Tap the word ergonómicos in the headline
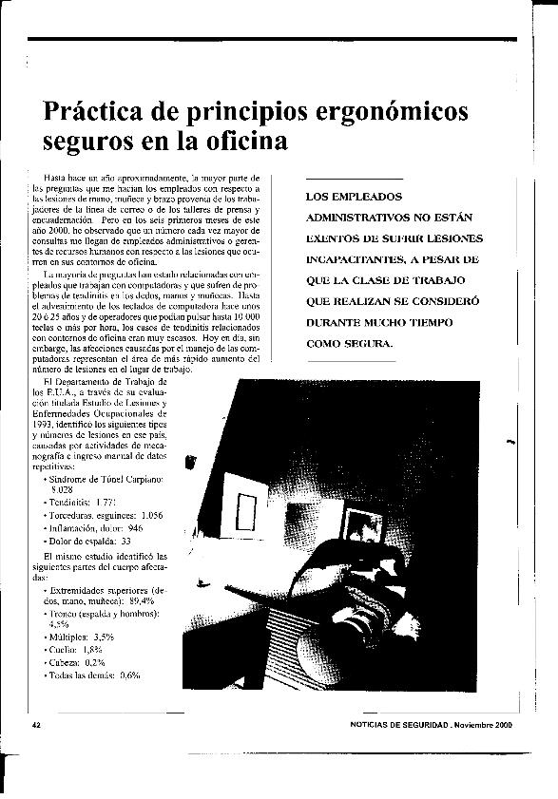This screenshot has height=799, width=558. tap(391, 112)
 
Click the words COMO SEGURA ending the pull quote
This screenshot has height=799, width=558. tap(348, 344)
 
